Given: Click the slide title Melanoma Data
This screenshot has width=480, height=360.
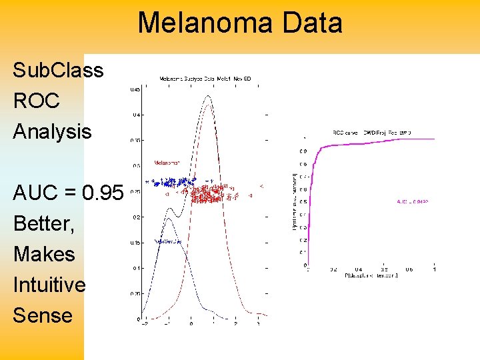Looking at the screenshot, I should click(240, 23).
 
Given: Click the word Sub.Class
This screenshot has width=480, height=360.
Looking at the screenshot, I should click(58, 71).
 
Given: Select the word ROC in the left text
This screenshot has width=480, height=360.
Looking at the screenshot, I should click(36, 101).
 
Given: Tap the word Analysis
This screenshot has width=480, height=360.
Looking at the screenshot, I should click(52, 132).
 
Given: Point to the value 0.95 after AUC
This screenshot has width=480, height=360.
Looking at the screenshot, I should click(103, 193).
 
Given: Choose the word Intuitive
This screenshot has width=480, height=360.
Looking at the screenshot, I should click(49, 285).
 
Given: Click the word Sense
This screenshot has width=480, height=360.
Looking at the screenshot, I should click(43, 315).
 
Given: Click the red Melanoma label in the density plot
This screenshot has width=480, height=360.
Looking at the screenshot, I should click(167, 162).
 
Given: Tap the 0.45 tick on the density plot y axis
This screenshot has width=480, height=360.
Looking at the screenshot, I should click(134, 89).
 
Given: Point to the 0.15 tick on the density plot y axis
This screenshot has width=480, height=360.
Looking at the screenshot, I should click(134, 243).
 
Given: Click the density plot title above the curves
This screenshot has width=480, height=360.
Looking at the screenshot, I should click(205, 79).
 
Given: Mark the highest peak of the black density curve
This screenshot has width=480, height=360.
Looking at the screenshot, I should click(208, 96).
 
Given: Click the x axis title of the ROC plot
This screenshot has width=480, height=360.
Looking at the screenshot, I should click(370, 275).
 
